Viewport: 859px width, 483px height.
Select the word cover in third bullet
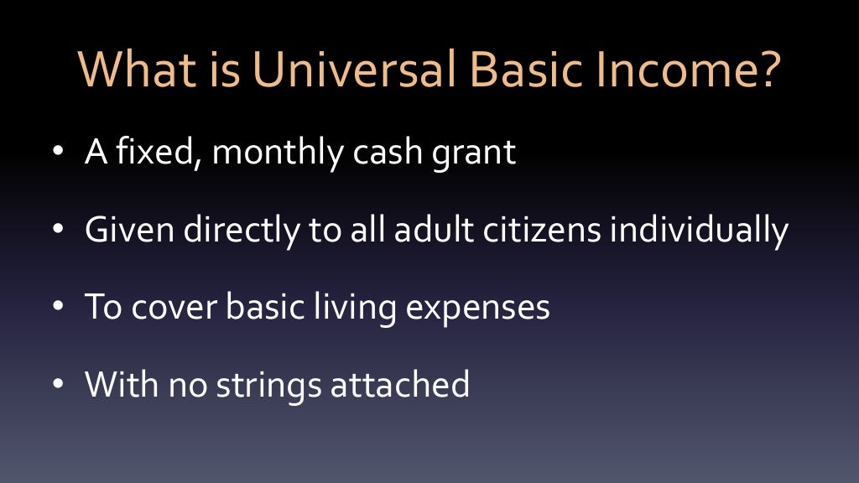[x=173, y=308]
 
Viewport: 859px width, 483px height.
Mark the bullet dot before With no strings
[x=57, y=385]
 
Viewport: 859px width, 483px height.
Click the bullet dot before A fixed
[x=57, y=154]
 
